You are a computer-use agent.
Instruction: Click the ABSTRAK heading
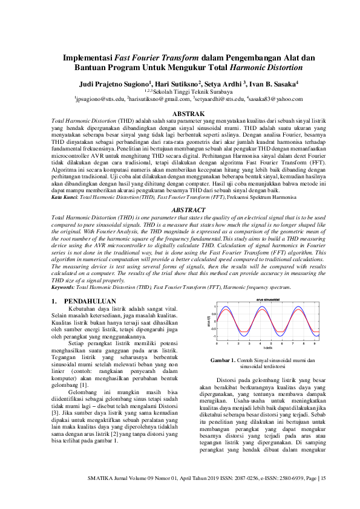(x=180, y=114)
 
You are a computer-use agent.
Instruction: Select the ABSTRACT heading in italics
(x=180, y=209)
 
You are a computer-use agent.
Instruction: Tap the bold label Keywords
(x=64, y=288)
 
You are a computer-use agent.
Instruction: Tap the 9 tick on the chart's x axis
(x=314, y=343)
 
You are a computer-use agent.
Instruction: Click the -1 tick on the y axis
(x=214, y=337)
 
